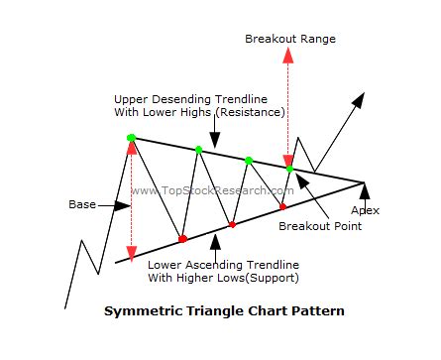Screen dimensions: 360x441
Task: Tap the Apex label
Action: coord(366,210)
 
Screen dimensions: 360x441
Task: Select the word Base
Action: coord(82,205)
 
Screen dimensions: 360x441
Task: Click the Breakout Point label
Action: coord(319,226)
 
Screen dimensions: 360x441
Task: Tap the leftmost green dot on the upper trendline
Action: coord(131,137)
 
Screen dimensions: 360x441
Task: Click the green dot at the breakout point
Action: coord(289,169)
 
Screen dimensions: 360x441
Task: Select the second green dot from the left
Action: coord(199,150)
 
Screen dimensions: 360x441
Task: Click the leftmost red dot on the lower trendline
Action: coord(182,239)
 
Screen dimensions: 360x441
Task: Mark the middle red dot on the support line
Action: coord(232,224)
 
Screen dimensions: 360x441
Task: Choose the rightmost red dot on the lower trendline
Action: coord(282,206)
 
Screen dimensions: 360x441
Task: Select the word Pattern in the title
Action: coord(319,310)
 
